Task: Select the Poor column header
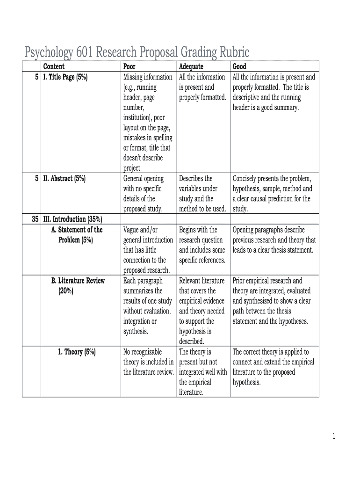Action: pos(129,67)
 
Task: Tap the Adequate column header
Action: pos(191,67)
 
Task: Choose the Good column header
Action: pos(239,67)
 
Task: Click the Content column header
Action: pos(54,67)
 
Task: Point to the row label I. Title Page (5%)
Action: pos(65,77)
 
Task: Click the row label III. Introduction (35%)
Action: pos(72,219)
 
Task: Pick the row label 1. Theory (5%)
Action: pos(77,352)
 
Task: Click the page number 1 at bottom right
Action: pos(334,436)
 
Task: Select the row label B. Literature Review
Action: pos(78,281)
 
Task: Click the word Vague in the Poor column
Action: pos(132,230)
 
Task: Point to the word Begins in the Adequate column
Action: pos(189,230)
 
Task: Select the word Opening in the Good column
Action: pos(245,230)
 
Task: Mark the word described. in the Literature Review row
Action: pos(191,341)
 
